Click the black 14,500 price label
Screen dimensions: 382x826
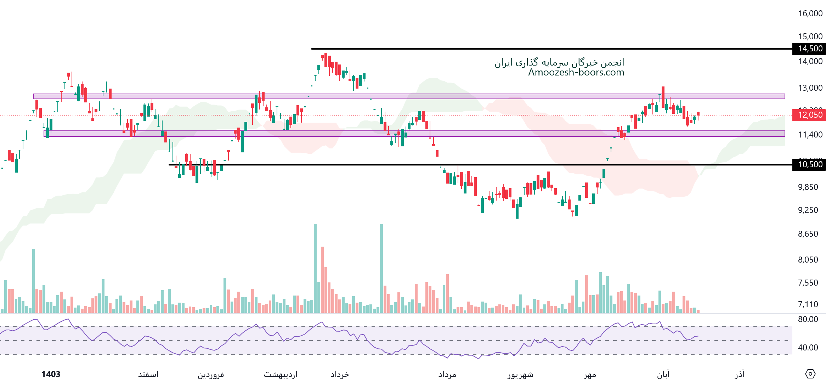[x=810, y=49]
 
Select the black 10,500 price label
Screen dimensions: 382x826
[x=810, y=164]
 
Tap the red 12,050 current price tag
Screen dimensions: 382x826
[x=810, y=115]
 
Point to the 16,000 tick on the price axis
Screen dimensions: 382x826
[x=810, y=13]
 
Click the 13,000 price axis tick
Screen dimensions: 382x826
[x=810, y=88]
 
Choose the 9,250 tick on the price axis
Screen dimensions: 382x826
[x=808, y=210]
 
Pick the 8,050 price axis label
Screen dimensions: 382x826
[x=808, y=260]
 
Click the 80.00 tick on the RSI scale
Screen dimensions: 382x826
[x=808, y=319]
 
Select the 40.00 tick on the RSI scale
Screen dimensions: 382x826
[x=808, y=348]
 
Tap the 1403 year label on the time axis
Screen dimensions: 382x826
[x=51, y=374]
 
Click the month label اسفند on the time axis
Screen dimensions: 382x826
[x=148, y=375]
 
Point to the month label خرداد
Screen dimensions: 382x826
[x=339, y=375]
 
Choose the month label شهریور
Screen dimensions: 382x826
[x=520, y=375]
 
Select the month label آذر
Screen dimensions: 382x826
[x=740, y=375]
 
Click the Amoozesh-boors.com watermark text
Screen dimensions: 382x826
[x=576, y=72]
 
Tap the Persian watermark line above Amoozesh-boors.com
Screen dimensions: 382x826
[x=559, y=63]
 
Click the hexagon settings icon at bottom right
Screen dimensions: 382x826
[x=810, y=374]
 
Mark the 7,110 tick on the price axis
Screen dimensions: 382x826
[x=808, y=304]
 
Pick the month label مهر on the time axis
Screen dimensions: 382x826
[x=590, y=375]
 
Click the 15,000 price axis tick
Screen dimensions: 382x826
[x=810, y=36]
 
